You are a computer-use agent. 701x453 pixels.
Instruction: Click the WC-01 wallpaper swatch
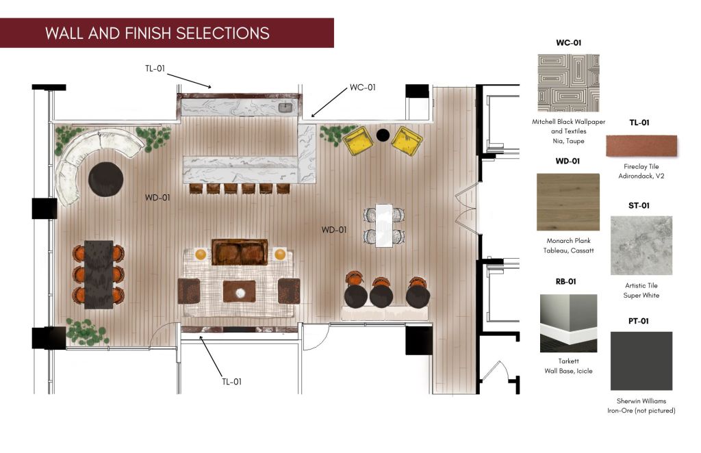[x=568, y=83]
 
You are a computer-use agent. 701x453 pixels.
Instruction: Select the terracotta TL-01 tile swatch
[x=641, y=146]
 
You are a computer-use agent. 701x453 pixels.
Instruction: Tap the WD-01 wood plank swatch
[x=568, y=202]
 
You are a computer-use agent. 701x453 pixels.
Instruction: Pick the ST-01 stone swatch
[x=641, y=245]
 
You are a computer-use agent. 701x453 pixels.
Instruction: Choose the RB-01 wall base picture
[x=568, y=323]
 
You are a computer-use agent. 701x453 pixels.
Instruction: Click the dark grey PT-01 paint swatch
[x=641, y=361]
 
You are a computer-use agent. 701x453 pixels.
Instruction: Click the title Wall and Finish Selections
[x=157, y=33]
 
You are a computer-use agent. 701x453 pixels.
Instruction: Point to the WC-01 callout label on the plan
[x=363, y=88]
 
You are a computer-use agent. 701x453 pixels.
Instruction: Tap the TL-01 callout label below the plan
[x=231, y=382]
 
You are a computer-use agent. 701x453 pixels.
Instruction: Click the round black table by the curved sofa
[x=106, y=178]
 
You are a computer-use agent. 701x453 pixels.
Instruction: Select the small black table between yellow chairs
[x=383, y=135]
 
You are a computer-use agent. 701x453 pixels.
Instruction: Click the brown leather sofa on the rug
[x=240, y=253]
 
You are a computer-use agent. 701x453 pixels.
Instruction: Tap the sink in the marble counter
[x=285, y=107]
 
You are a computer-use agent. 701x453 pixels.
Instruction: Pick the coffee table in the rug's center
[x=240, y=292]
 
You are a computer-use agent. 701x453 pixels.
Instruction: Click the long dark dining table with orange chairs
[x=99, y=274]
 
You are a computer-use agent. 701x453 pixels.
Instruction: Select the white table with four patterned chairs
[x=384, y=226]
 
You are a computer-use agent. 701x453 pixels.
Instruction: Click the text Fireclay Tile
[x=641, y=166]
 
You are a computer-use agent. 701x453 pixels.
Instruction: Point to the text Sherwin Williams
[x=641, y=401]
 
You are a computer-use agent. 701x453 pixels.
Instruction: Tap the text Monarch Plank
[x=568, y=241]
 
